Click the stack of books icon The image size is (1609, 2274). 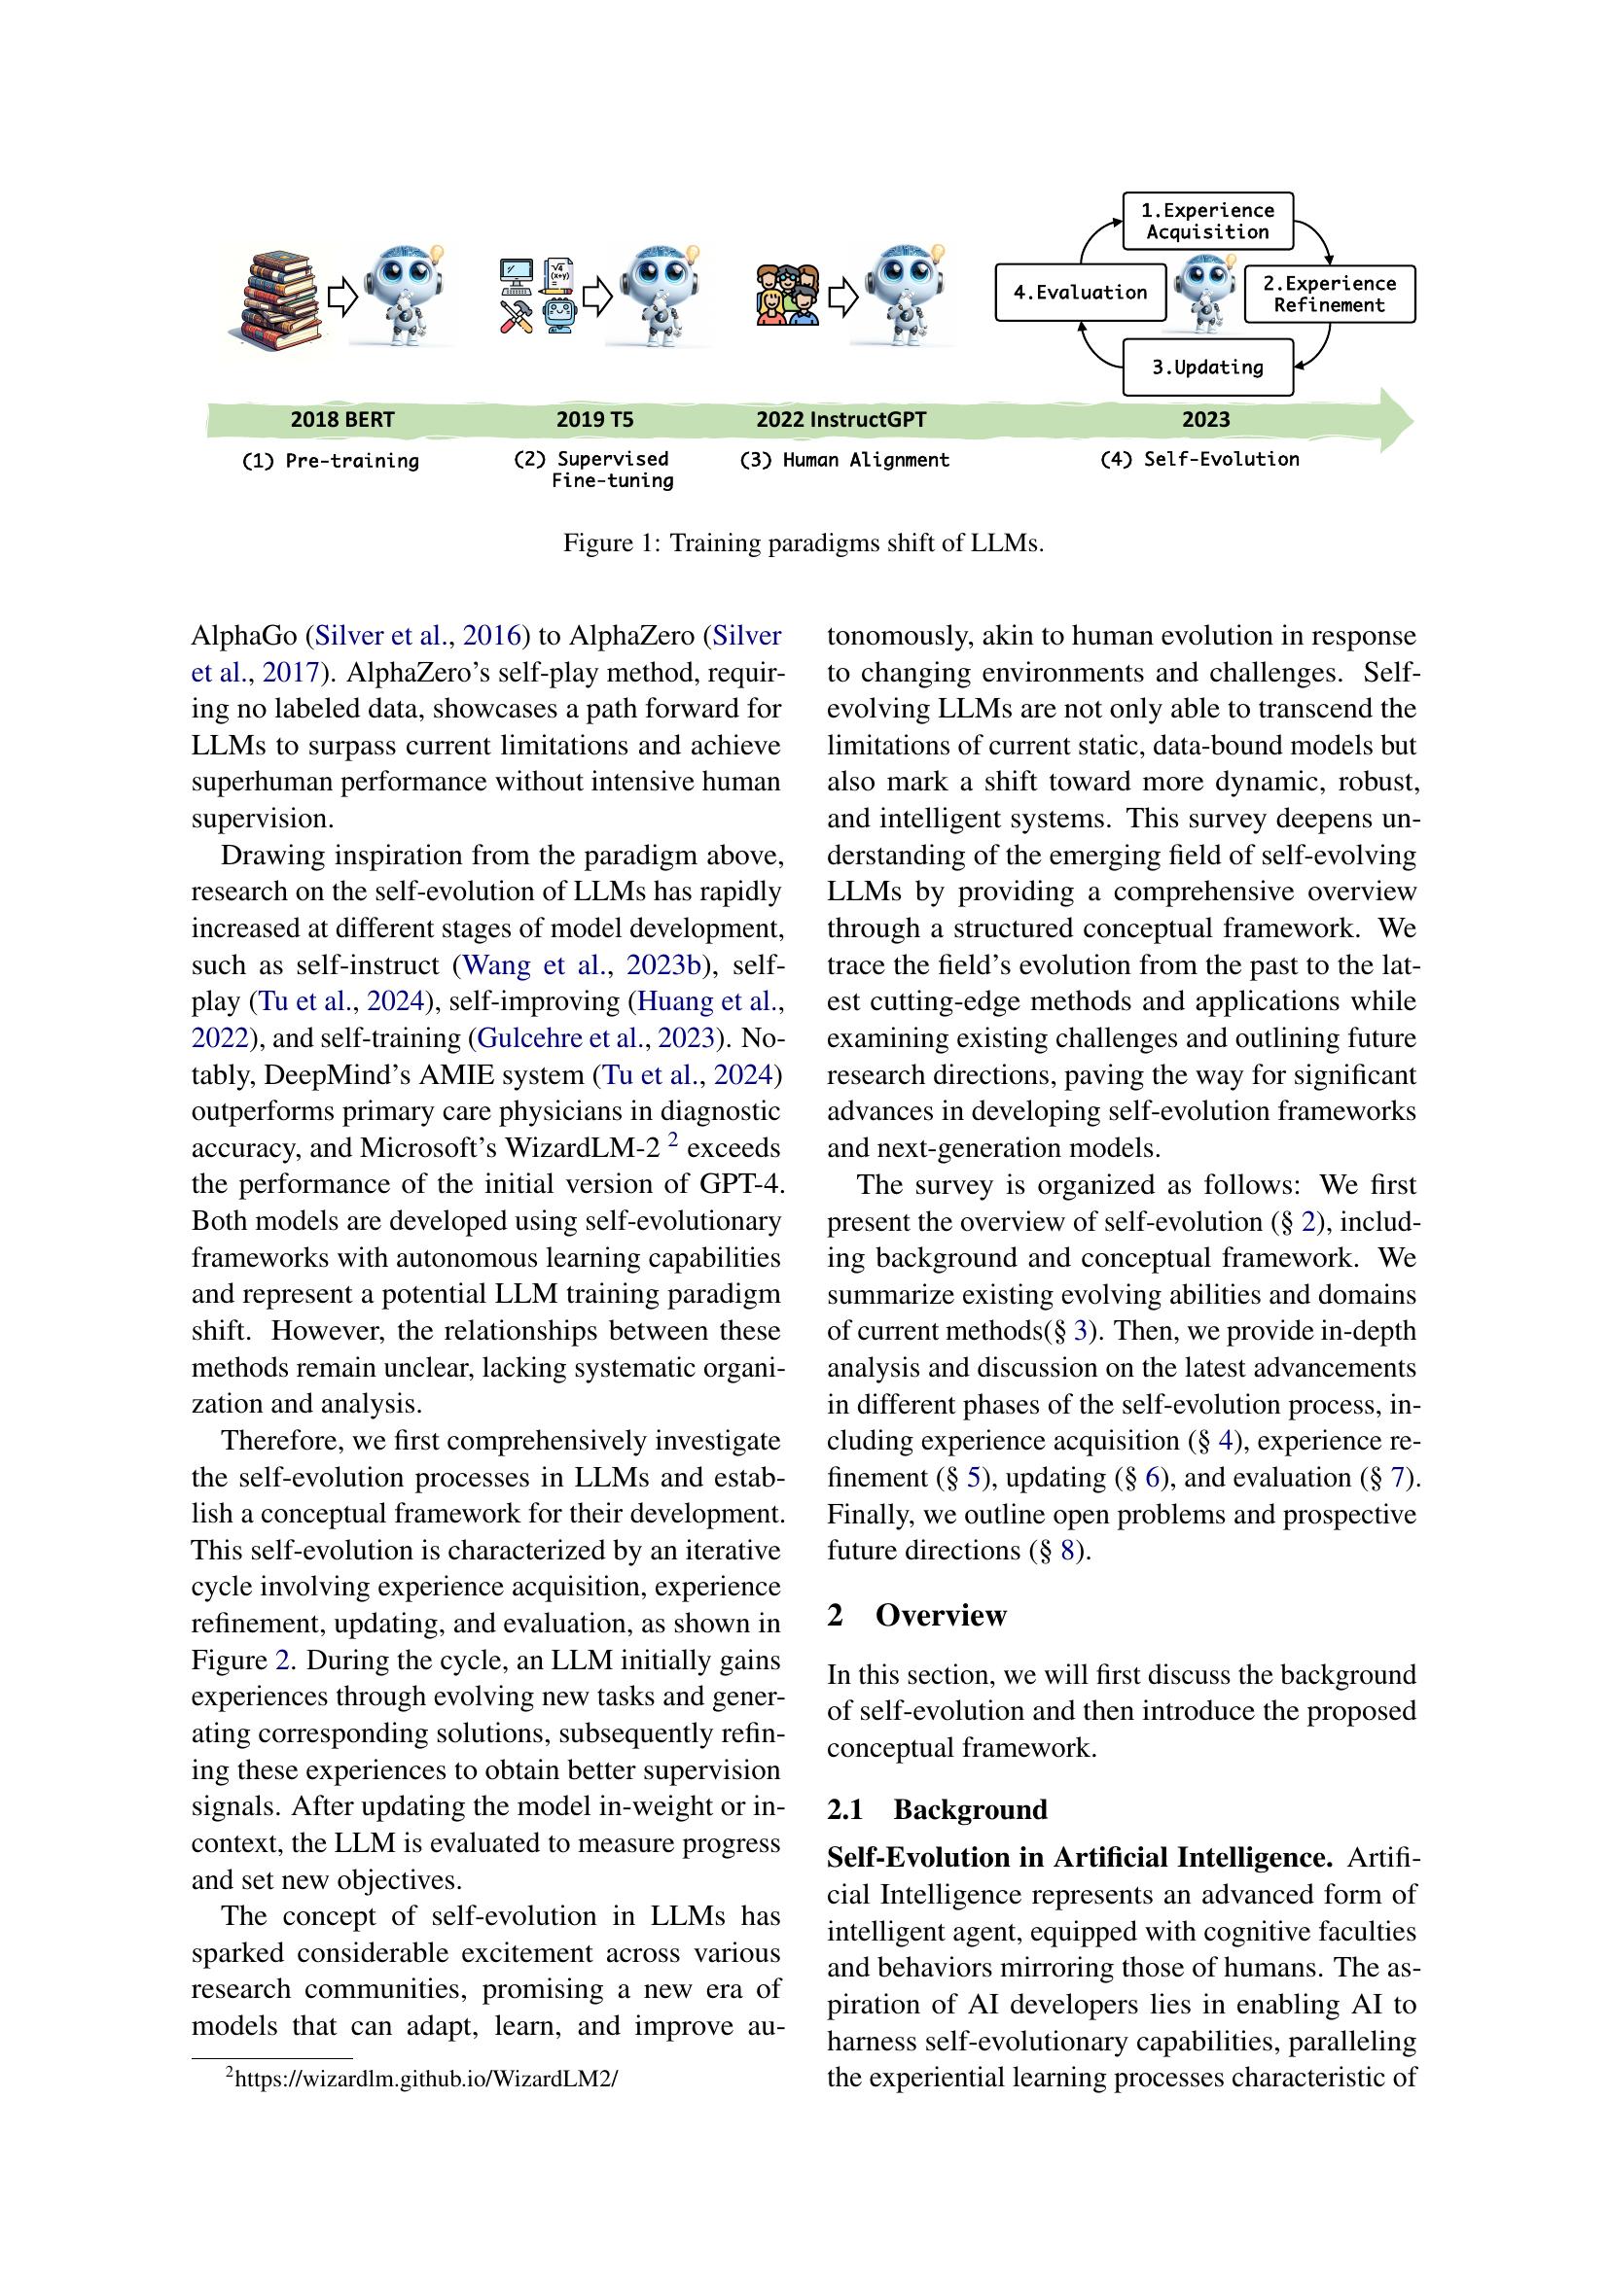[x=282, y=297]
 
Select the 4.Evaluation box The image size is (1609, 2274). [x=1079, y=293]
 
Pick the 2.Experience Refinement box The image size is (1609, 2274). [x=1329, y=295]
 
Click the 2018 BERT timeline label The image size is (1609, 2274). [x=341, y=420]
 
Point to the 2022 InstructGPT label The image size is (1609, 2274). [x=840, y=420]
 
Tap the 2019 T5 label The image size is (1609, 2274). [x=594, y=420]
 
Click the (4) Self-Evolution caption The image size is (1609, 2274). [x=1198, y=460]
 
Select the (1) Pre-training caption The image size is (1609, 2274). [x=330, y=462]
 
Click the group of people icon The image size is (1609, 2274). [x=788, y=296]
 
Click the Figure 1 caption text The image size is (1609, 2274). [x=803, y=542]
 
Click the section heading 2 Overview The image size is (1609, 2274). [x=916, y=1616]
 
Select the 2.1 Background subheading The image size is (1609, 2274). [x=936, y=1809]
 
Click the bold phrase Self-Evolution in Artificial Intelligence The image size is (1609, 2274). [x=1079, y=1857]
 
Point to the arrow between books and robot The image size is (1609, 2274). [x=341, y=297]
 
